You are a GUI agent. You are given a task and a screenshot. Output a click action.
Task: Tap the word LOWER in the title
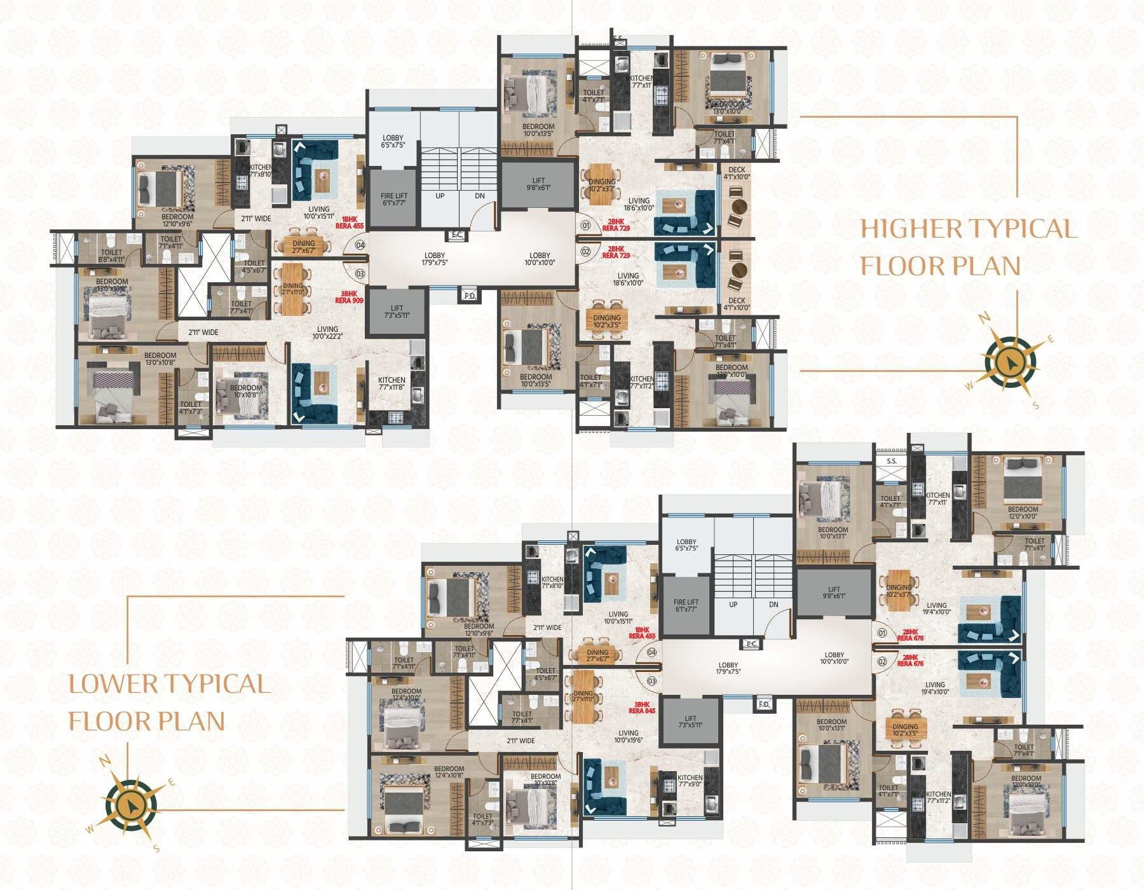tap(114, 684)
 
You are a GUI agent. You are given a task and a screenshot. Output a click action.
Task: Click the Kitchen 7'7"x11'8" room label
tap(392, 385)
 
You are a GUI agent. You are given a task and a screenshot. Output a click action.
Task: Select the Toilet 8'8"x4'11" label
tap(111, 256)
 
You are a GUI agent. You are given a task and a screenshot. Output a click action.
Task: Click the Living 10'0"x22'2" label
tap(327, 332)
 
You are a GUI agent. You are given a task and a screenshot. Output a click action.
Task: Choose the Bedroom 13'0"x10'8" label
tap(160, 359)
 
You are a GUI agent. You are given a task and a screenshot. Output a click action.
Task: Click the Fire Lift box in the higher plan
tap(394, 199)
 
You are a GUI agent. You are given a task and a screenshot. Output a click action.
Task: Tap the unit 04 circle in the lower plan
tap(651, 652)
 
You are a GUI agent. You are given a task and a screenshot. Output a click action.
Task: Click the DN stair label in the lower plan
tap(773, 605)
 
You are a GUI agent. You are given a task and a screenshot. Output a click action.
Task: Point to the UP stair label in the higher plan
tap(440, 196)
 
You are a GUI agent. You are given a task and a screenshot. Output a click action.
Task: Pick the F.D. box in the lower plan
tap(764, 704)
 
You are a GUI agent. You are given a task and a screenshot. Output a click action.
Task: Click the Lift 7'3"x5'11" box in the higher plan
tap(397, 311)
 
